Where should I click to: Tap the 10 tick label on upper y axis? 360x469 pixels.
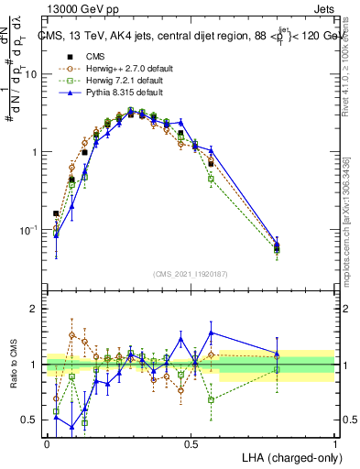point(31,74)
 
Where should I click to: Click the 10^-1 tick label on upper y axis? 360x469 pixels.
point(29,229)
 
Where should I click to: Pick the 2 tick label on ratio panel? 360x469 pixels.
point(35,309)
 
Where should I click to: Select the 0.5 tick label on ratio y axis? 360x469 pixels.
point(30,420)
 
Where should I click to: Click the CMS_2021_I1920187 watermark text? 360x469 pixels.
point(191,274)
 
